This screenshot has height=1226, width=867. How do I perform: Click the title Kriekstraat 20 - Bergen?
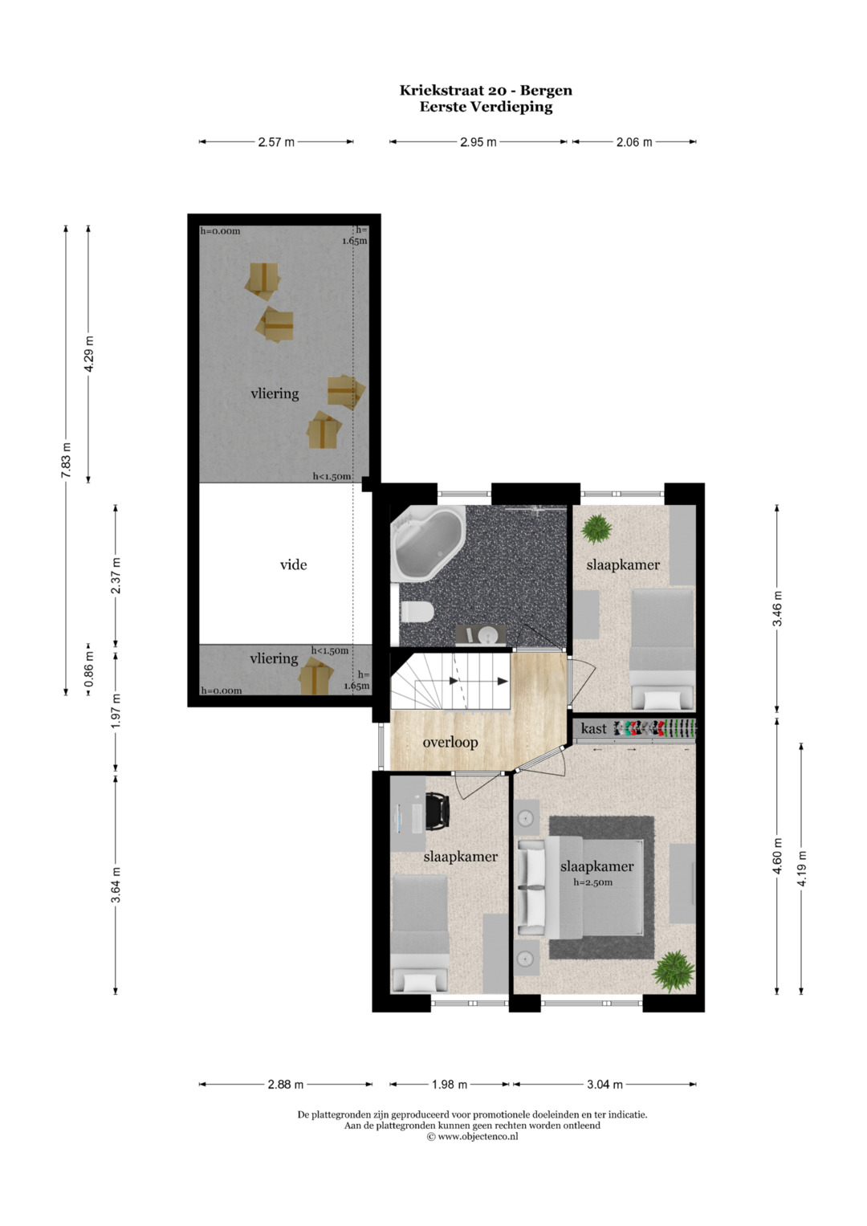coord(486,90)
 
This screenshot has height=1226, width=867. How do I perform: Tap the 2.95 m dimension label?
coord(478,142)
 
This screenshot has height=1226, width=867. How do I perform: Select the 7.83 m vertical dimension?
coord(66,460)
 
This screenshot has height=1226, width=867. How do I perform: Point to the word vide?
coord(293,564)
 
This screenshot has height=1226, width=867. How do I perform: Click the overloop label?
coord(450,742)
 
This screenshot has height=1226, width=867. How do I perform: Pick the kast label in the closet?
coord(594,728)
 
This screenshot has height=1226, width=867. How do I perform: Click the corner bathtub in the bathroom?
coord(427,542)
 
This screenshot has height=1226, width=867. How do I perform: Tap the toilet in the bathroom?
coord(417,611)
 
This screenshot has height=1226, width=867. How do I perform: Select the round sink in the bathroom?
coord(486,635)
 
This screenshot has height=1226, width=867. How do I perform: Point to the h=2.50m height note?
coord(592,882)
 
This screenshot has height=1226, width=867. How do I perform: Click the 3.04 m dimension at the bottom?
coord(604,1084)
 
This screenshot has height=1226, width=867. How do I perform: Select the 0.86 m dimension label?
coord(88,670)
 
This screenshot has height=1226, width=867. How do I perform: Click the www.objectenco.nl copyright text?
coord(472,1136)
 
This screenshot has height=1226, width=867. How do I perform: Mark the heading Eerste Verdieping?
coord(486,107)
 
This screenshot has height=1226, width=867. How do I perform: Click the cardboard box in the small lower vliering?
coord(315,676)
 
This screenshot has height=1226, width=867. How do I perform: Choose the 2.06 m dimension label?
coord(634,142)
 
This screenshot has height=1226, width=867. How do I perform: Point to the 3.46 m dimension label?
coord(777,608)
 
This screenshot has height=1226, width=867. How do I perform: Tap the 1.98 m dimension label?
coord(450,1084)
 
